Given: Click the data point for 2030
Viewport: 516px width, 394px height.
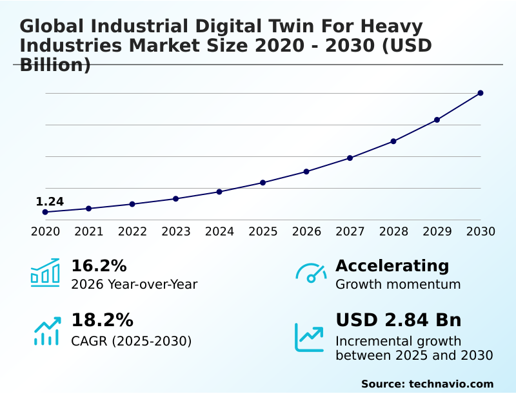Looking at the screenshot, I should pos(481,93).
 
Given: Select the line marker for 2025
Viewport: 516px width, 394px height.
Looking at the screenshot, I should pos(263,183).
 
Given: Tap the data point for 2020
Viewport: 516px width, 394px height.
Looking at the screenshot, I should pos(45,212).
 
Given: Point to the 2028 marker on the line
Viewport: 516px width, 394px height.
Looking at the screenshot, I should pos(393,141).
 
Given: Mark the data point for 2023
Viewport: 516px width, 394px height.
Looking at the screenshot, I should pos(175,199).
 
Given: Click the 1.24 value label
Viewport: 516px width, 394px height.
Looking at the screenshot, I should pos(50,202).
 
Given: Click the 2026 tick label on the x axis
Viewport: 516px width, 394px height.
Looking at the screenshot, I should pos(306,232).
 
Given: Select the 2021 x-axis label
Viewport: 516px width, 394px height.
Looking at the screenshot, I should pos(88,232).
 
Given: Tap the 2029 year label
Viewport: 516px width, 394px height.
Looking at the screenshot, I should pos(437,232).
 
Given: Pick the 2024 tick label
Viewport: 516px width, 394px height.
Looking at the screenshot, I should pos(219,232).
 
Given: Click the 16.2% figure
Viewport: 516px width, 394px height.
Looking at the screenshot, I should pos(99,266).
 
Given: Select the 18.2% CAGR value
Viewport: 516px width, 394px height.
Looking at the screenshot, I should pos(102,320).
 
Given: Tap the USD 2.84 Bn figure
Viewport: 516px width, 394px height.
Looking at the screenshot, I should pos(398,320).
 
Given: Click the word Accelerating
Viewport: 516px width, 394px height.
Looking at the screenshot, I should pos(392,266).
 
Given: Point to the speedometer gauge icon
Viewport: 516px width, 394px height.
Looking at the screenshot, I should pos(311,273).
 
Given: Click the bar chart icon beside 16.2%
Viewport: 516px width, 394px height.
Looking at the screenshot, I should pos(45,273).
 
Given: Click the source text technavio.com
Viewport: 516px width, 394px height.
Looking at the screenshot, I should pos(451,384).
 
